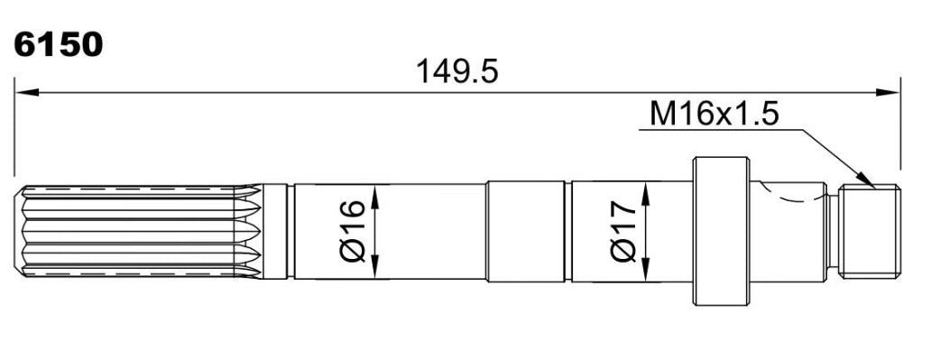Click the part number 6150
coord(58,45)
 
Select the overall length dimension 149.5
coord(456,72)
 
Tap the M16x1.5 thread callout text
coord(714,114)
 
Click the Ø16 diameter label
coord(353,231)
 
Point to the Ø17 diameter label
coord(623,231)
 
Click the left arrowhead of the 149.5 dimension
coord(26,92)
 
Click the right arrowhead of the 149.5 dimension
coord(889,92)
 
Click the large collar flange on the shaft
coord(721,231)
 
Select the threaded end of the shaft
coord(870,231)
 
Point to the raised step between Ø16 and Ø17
coord(525,231)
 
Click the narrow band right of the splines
coord(275,231)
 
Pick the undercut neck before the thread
coord(833,231)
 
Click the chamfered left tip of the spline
coord(19,231)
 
